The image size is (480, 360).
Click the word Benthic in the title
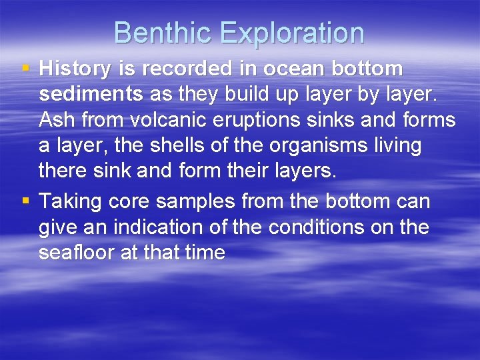(x=158, y=33)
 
